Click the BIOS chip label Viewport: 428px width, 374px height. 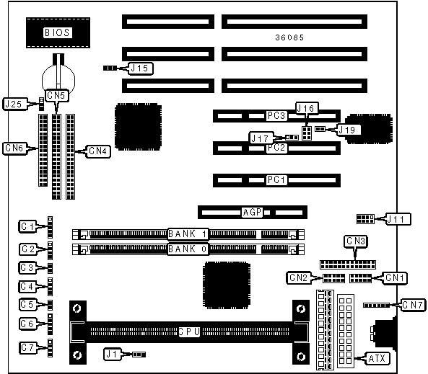[57, 32]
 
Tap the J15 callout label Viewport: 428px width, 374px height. [140, 68]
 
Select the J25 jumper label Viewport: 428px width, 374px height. [14, 104]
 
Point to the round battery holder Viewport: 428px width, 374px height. [58, 79]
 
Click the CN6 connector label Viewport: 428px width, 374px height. [14, 148]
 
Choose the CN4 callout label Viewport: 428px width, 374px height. [98, 151]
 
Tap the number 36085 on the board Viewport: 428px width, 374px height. [289, 37]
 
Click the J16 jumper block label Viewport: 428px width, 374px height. [307, 109]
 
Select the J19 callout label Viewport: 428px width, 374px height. [348, 130]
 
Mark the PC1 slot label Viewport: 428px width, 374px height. [276, 180]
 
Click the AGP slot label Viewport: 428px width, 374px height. [253, 212]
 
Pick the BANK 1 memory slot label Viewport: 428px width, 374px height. [188, 234]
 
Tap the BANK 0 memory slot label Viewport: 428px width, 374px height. [188, 249]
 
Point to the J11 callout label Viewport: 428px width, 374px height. [397, 219]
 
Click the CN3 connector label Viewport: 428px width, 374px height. [356, 241]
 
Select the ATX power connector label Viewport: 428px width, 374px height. [377, 358]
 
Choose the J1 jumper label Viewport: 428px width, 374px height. [112, 354]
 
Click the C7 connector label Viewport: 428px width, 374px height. [27, 348]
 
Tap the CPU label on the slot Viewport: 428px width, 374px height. [189, 331]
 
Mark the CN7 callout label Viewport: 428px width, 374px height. [414, 305]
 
